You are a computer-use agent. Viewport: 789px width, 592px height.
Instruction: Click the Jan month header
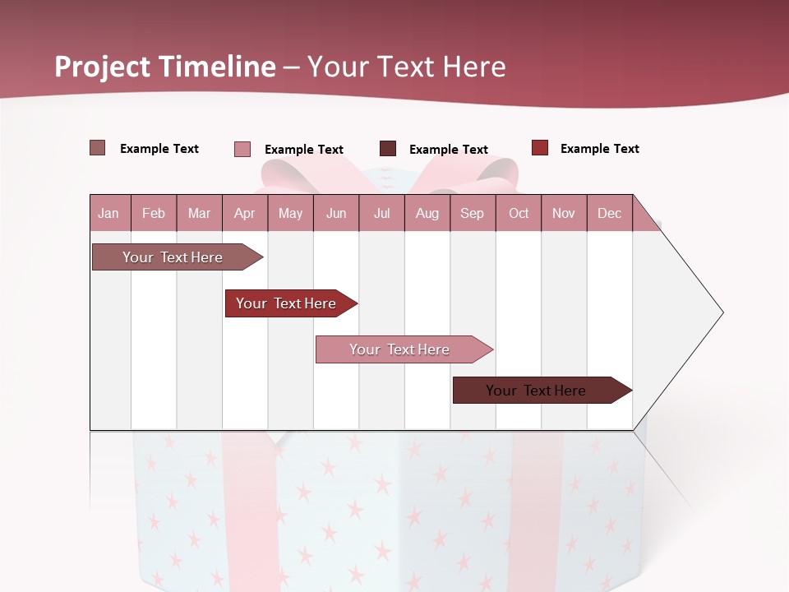(108, 213)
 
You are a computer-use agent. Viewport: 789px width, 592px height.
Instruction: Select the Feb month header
(154, 213)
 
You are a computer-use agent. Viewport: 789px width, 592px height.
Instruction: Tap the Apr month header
(244, 213)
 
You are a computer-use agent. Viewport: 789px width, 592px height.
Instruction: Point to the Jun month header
(336, 213)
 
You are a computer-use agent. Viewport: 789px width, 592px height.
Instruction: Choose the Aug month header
(427, 213)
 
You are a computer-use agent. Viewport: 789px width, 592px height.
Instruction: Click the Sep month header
(472, 213)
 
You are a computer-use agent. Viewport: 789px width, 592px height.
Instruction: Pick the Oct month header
(519, 213)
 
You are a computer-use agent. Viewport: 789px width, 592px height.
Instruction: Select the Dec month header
(609, 213)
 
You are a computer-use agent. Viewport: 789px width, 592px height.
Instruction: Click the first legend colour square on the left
(98, 148)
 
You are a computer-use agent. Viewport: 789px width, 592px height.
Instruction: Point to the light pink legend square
(242, 149)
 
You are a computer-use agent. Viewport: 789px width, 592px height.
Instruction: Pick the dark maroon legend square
(388, 149)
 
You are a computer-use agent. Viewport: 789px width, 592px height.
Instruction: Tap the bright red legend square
(539, 148)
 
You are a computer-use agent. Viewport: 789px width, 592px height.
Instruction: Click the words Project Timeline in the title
(165, 67)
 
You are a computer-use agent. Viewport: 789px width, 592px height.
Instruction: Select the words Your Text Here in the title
(406, 67)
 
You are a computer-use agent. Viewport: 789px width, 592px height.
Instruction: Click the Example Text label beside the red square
(599, 149)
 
